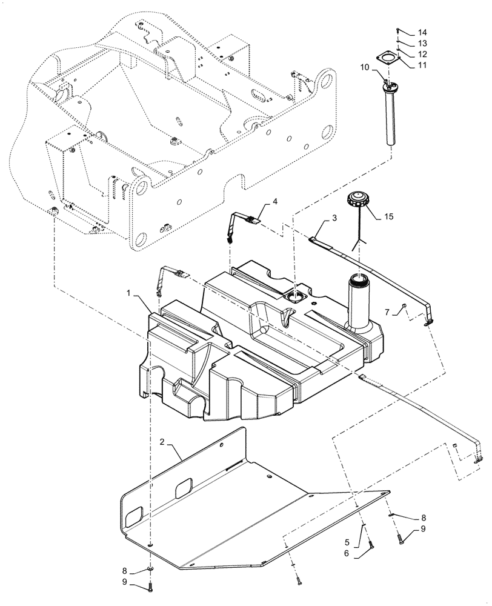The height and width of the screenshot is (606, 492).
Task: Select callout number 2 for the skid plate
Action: tap(163, 441)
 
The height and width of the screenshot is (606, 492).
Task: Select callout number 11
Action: tap(422, 64)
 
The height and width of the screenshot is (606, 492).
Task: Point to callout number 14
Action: tap(422, 32)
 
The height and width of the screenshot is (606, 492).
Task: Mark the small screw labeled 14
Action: tap(397, 30)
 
